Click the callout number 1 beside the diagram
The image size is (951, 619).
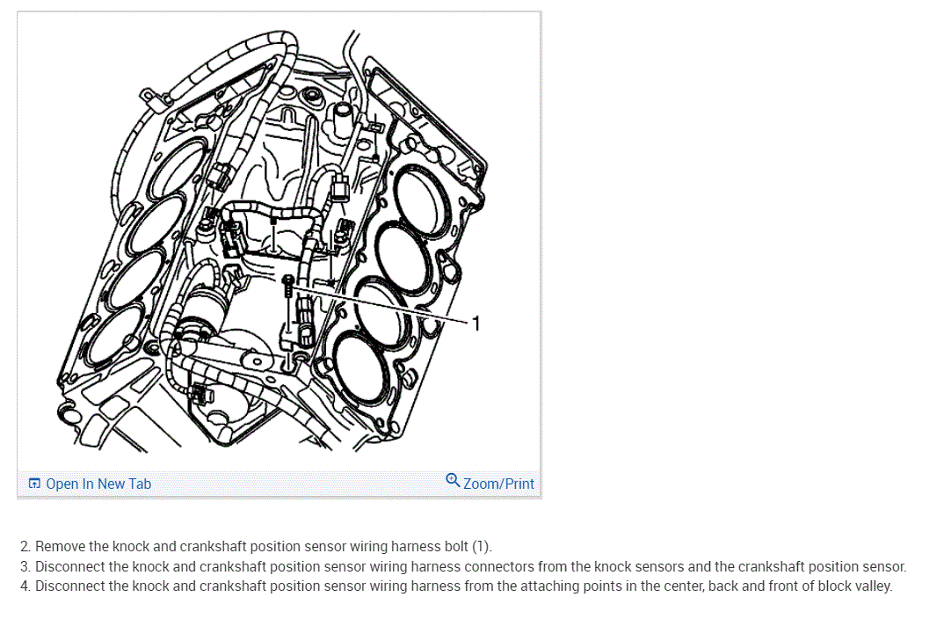click(476, 324)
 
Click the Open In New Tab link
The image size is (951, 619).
click(98, 484)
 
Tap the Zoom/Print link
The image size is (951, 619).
click(498, 484)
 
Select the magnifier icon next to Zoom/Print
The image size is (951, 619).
click(453, 480)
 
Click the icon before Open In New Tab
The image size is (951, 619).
click(34, 484)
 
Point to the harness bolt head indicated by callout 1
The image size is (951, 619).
click(289, 280)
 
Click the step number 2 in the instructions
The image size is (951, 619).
click(25, 547)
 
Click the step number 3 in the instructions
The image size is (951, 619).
click(25, 567)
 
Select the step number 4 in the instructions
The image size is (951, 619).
click(25, 586)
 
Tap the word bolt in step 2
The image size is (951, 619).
click(453, 547)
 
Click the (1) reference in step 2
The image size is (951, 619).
click(481, 547)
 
